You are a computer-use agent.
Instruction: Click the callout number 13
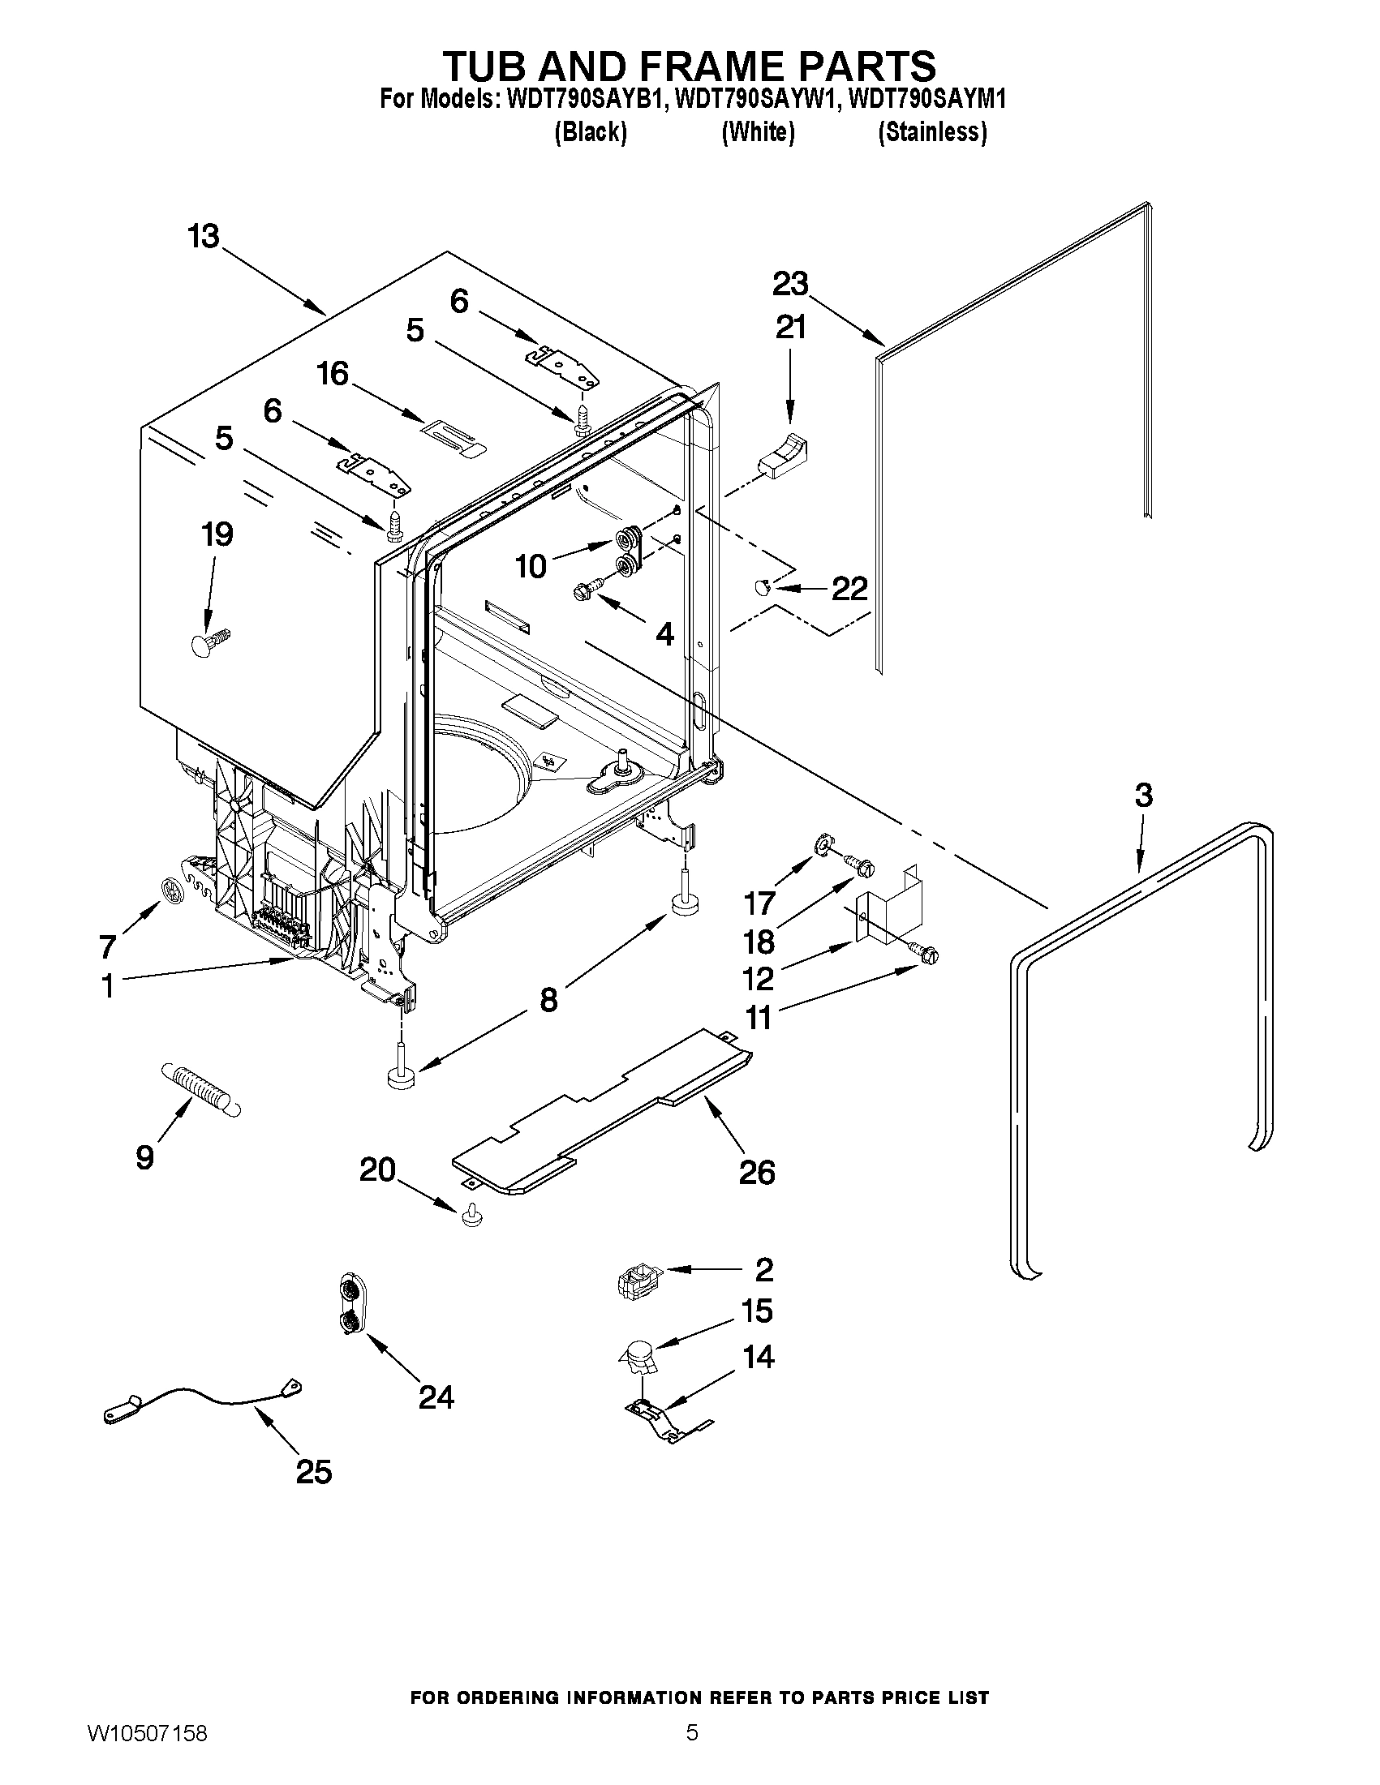[x=204, y=237]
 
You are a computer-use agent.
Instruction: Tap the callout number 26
[x=756, y=1172]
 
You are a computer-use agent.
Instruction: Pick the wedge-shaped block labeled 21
[x=783, y=454]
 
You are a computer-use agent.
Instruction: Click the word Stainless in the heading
[x=932, y=131]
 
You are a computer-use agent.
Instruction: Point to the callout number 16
[x=333, y=375]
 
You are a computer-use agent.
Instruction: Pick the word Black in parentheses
[x=591, y=131]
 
